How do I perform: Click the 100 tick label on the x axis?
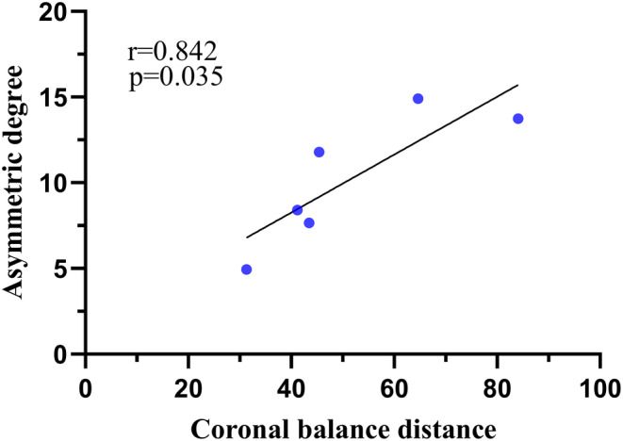599,387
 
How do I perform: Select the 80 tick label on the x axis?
497,387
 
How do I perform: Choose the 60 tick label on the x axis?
394,387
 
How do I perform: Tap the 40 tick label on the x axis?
291,387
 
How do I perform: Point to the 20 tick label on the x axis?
189,387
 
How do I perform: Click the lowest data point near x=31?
246,269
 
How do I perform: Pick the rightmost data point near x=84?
517,119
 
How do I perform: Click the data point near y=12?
319,152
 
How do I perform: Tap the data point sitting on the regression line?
297,210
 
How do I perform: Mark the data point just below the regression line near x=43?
308,223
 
